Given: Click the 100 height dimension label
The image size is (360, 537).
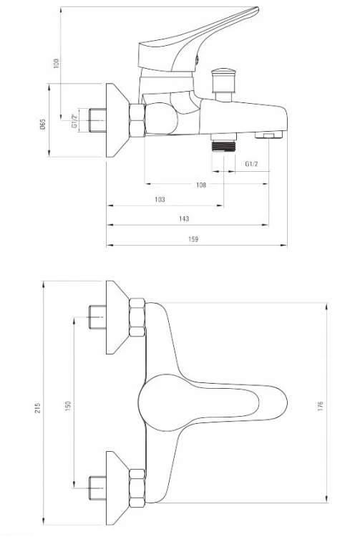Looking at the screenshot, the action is [x=57, y=63].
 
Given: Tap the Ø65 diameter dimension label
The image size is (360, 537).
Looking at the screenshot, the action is [x=43, y=124].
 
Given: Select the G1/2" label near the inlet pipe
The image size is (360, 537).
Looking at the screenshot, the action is [x=74, y=120].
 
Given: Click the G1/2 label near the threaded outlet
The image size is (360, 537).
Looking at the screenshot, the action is [x=251, y=164].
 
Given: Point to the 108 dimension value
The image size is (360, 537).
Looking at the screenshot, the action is [x=201, y=185].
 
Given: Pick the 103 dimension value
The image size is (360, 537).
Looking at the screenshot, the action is [x=160, y=199].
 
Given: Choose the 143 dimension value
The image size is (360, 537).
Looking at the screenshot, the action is [x=184, y=218].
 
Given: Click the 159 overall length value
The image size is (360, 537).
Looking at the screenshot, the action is [x=193, y=239].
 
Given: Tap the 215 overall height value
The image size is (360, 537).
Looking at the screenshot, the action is [x=37, y=407].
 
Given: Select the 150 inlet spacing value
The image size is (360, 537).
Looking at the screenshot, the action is [x=68, y=406].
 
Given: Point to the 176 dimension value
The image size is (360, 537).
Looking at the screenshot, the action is [x=321, y=406].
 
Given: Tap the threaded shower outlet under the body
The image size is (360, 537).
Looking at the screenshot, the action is [x=224, y=142].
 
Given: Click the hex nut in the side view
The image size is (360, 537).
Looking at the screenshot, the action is [x=137, y=120].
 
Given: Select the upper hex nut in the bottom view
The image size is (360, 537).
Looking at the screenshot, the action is [x=137, y=317].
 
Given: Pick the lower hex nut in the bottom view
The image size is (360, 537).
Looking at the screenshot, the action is [x=137, y=488].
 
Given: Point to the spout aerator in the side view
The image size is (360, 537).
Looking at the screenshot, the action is [x=268, y=135].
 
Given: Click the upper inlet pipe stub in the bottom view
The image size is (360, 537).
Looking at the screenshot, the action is [x=97, y=317].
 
